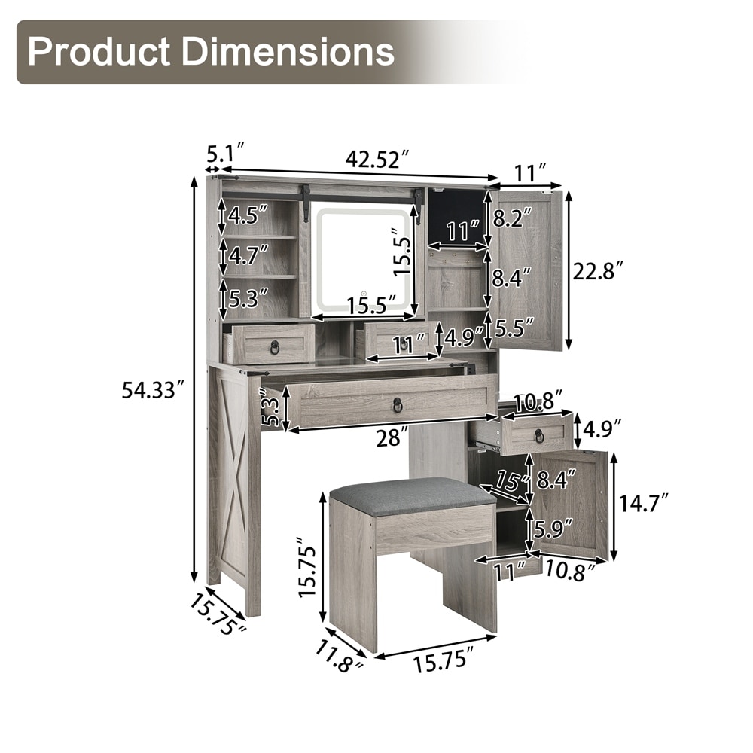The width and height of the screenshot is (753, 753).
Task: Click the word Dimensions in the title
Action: click(x=288, y=51)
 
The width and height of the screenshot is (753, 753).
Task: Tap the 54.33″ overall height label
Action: click(x=154, y=389)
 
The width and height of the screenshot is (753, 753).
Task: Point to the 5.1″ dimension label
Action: click(x=226, y=154)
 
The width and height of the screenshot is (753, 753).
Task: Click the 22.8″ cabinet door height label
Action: click(x=599, y=272)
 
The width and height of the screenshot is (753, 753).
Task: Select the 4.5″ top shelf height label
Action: click(x=248, y=216)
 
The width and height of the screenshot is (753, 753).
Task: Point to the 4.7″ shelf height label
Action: click(x=248, y=255)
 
